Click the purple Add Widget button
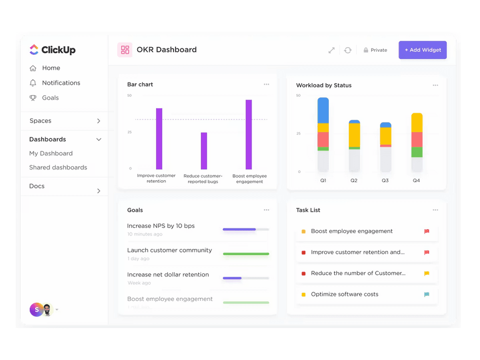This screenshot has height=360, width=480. pyautogui.click(x=422, y=50)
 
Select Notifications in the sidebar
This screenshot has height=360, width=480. pyautogui.click(x=61, y=83)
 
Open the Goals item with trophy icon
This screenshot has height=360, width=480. pyautogui.click(x=50, y=98)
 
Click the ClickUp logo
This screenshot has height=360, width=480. pyautogui.click(x=52, y=50)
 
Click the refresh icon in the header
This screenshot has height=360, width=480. pyautogui.click(x=348, y=50)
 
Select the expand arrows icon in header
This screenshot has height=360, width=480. pyautogui.click(x=331, y=50)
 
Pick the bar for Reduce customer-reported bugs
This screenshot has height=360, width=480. pyautogui.click(x=204, y=151)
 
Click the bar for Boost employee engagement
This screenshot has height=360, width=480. pyautogui.click(x=249, y=134)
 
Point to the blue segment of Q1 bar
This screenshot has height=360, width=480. pyautogui.click(x=323, y=110)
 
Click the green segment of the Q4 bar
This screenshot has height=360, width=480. pyautogui.click(x=417, y=152)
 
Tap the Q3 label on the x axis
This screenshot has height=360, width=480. pyautogui.click(x=385, y=180)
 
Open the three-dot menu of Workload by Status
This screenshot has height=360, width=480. pyautogui.click(x=435, y=85)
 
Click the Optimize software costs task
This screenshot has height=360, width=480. pyautogui.click(x=344, y=294)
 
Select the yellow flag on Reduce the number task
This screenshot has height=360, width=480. pyautogui.click(x=426, y=274)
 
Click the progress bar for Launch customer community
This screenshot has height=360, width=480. pyautogui.click(x=246, y=254)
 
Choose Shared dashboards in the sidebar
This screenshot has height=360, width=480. pyautogui.click(x=58, y=167)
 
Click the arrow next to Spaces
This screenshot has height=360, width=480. pyautogui.click(x=98, y=121)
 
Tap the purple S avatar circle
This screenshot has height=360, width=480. pyautogui.click(x=36, y=310)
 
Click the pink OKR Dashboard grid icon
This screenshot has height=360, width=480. pyautogui.click(x=125, y=50)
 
